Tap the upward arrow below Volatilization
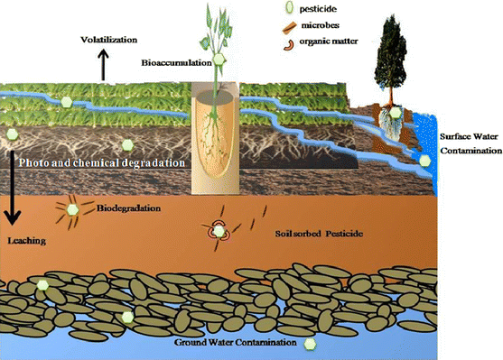point(104,65)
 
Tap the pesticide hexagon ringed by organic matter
point(219,232)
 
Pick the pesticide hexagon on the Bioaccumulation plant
point(218,60)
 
